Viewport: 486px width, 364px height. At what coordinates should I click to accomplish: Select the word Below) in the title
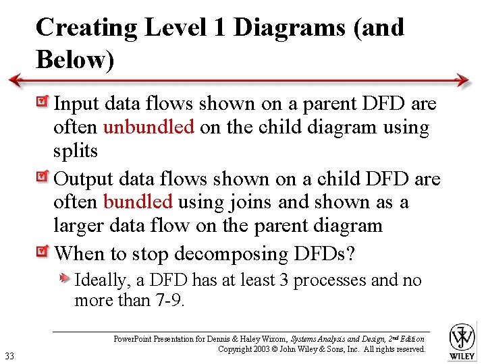tap(75, 60)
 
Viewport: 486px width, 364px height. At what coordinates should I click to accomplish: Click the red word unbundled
tap(148, 127)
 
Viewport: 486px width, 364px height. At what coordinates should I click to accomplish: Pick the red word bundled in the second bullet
tap(138, 202)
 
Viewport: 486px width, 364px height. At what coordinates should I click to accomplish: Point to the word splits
tap(76, 151)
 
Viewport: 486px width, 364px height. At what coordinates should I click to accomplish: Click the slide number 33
tap(9, 355)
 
